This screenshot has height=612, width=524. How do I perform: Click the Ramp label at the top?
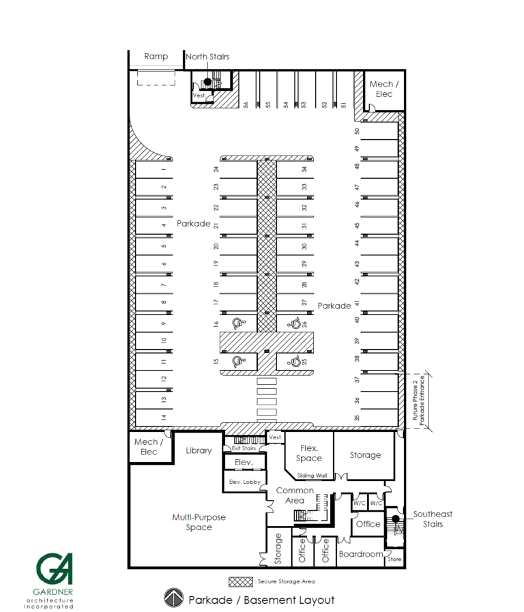[x=156, y=57]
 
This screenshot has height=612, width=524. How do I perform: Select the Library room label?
[x=199, y=450]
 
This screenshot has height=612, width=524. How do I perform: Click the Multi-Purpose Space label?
[x=199, y=523]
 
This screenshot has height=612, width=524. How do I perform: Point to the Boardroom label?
[x=360, y=555]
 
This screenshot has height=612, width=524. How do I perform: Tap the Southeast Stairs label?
[x=433, y=519]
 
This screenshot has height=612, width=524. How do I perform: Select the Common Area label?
[x=295, y=495]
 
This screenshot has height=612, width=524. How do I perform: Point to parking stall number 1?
[x=164, y=169]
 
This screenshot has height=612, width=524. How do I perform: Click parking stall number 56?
[x=245, y=104]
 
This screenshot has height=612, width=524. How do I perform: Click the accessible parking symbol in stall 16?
[x=237, y=323]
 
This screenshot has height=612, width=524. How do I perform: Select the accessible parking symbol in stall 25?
[x=295, y=362]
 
